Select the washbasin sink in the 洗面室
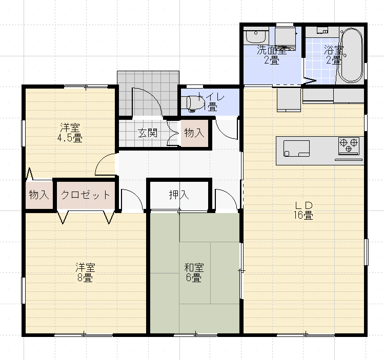coord(254,37)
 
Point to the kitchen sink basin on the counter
coord(297,147)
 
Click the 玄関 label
coord(147,133)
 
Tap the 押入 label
coord(179,195)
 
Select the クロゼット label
coord(86,195)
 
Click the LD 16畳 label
coord(304,210)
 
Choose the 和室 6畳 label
coord(194,273)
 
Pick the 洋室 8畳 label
coord(86,273)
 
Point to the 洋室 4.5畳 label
coord(70,132)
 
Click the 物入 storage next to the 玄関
coord(194,133)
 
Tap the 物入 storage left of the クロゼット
coord(39,195)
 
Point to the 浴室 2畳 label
coord(333,55)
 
